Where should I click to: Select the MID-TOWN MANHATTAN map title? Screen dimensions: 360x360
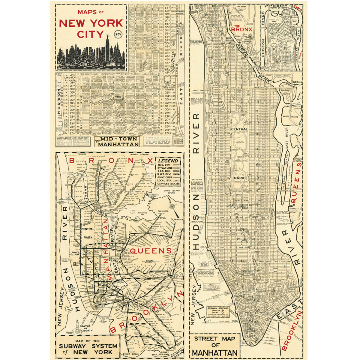[x=119, y=141]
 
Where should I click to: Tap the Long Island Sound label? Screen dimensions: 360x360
[x=172, y=193]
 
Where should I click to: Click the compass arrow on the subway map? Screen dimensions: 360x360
[x=172, y=206]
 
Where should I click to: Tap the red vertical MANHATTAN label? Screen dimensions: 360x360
[x=106, y=249]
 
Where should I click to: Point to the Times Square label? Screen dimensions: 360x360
[x=75, y=253]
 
